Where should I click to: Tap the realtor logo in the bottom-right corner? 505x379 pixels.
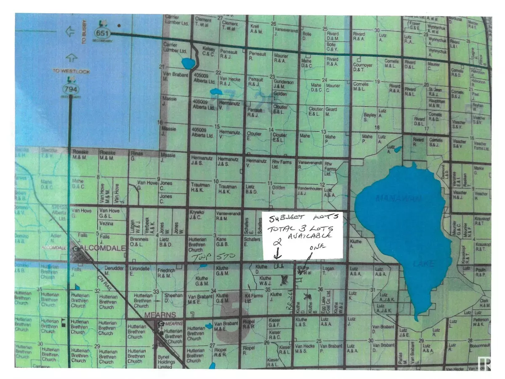click(485, 363)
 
